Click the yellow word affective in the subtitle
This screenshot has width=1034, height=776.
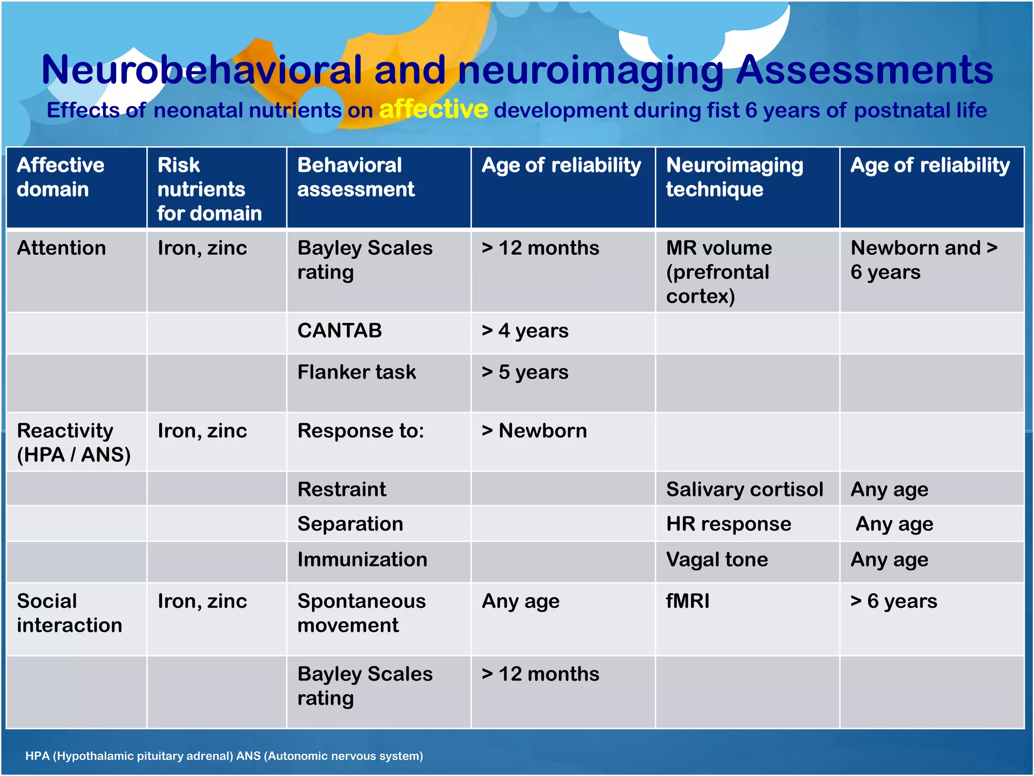tap(433, 110)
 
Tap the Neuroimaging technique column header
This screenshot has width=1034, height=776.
tap(734, 177)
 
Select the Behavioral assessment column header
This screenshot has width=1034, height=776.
tap(356, 177)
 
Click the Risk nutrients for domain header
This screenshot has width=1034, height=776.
tap(209, 189)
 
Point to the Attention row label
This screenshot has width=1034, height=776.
tap(61, 248)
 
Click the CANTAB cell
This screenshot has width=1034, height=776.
tap(339, 331)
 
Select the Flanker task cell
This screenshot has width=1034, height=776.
tap(356, 372)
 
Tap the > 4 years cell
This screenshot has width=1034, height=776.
tap(525, 331)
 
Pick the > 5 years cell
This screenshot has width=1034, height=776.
tap(525, 372)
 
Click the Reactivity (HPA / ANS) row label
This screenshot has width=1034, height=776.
tap(73, 443)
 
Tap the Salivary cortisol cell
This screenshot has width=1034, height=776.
tap(744, 490)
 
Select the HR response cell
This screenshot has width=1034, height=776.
tap(729, 524)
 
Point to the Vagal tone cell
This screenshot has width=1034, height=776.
tap(717, 560)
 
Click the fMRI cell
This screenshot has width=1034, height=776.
tap(688, 601)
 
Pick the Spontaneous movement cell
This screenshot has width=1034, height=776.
tap(361, 613)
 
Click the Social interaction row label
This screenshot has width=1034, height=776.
tap(69, 613)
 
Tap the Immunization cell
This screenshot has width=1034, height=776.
tap(362, 560)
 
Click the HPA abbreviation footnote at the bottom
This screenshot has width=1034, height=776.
tap(224, 756)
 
